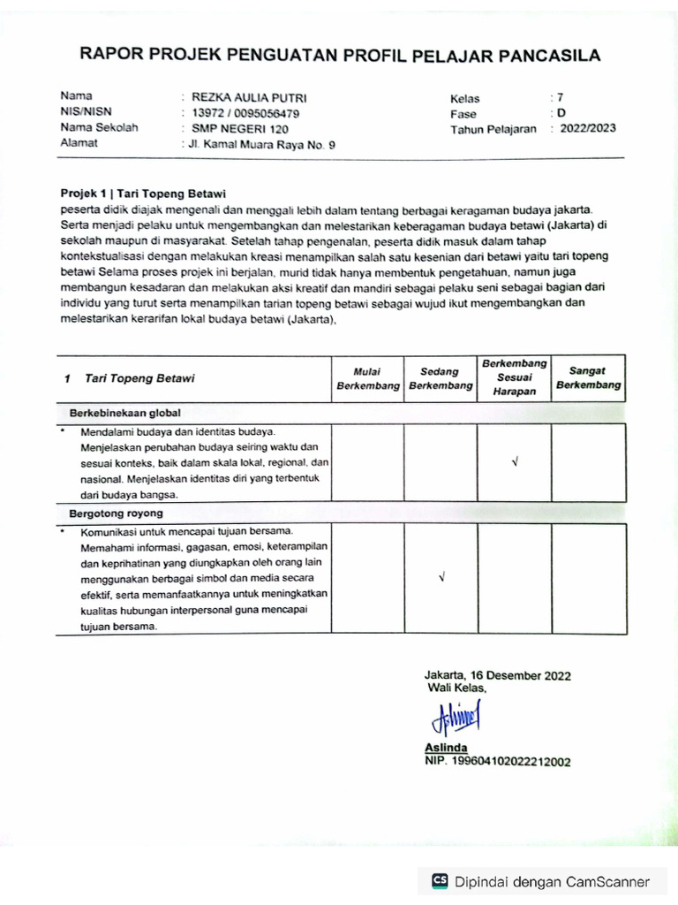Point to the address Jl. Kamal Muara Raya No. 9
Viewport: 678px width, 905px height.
262,144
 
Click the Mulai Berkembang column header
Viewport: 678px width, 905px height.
367,378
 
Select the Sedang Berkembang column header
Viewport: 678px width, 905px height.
441,378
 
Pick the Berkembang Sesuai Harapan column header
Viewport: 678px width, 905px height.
515,377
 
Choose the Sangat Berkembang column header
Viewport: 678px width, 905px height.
589,377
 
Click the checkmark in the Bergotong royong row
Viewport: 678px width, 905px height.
441,578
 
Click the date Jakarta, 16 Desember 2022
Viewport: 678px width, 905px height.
497,675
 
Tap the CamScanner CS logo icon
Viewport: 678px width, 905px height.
440,881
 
